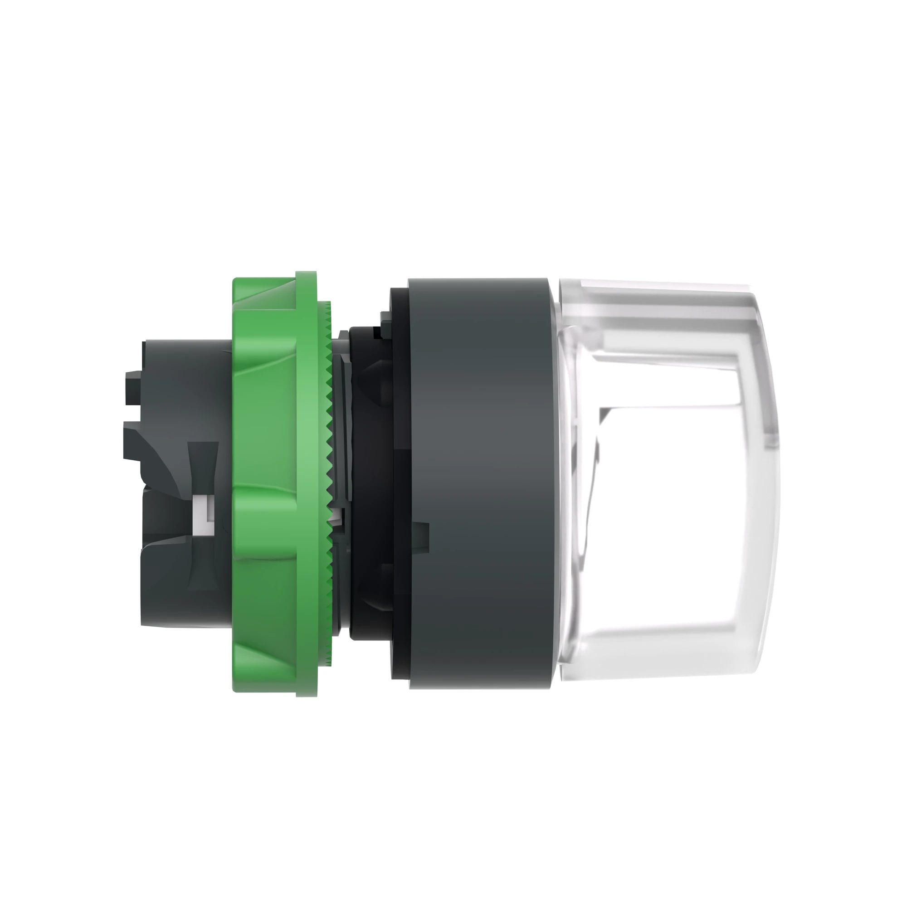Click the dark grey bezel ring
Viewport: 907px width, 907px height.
click(479, 483)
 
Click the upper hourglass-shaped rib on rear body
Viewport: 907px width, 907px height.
click(203, 465)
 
